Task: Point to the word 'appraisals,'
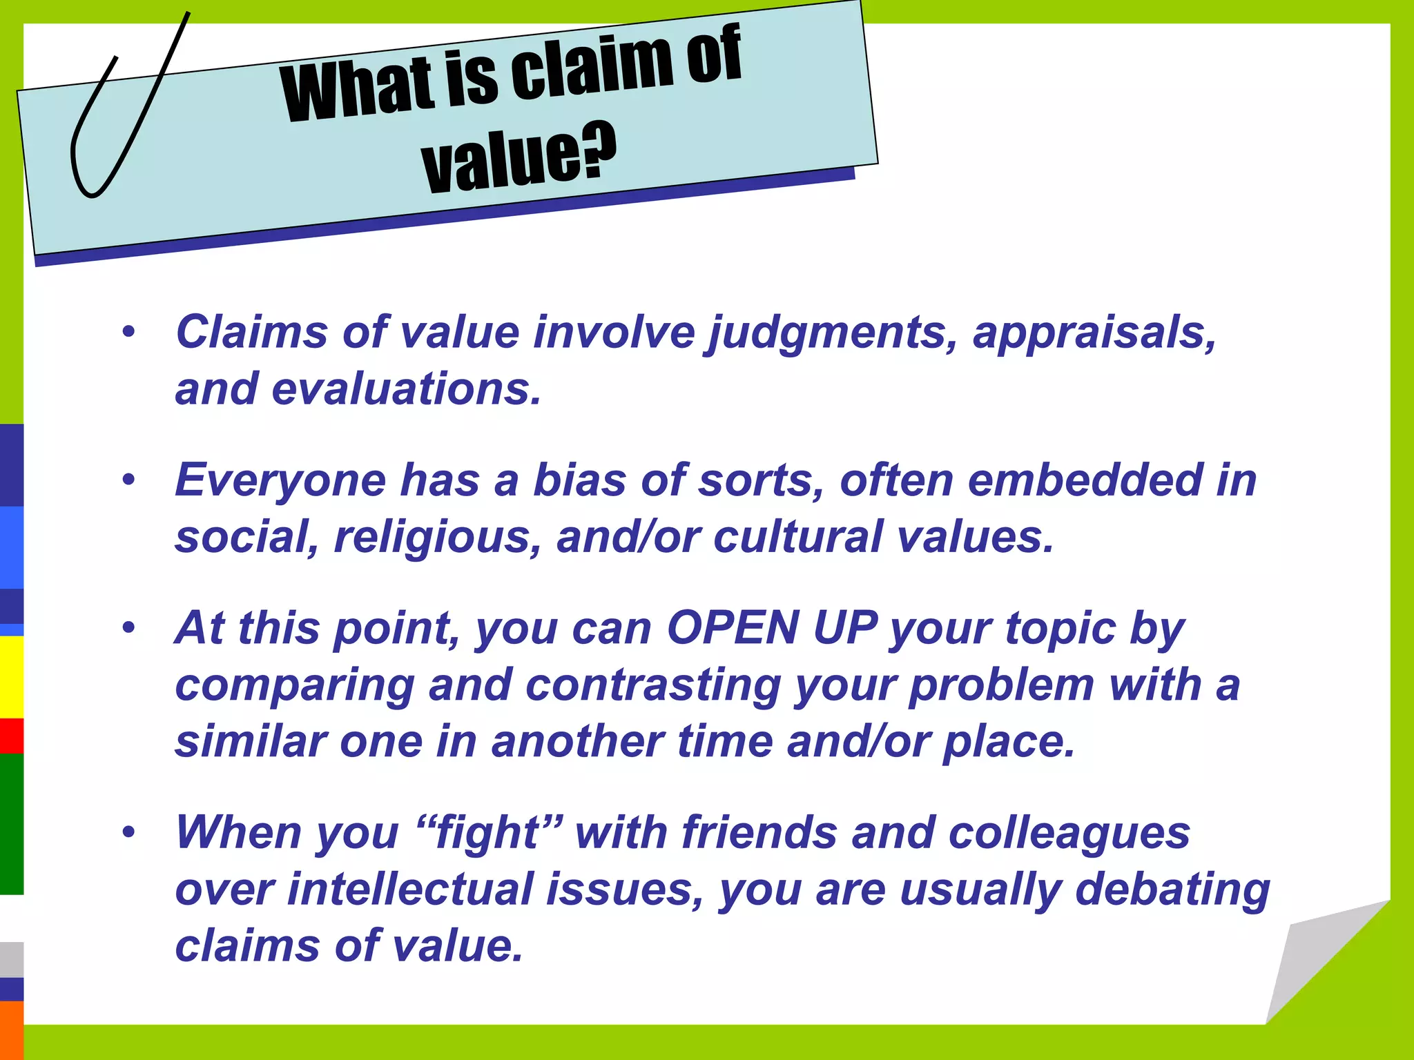(1094, 333)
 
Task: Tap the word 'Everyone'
(280, 481)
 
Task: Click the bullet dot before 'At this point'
(128, 628)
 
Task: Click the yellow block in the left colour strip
(11, 676)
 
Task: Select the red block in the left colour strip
(11, 736)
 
